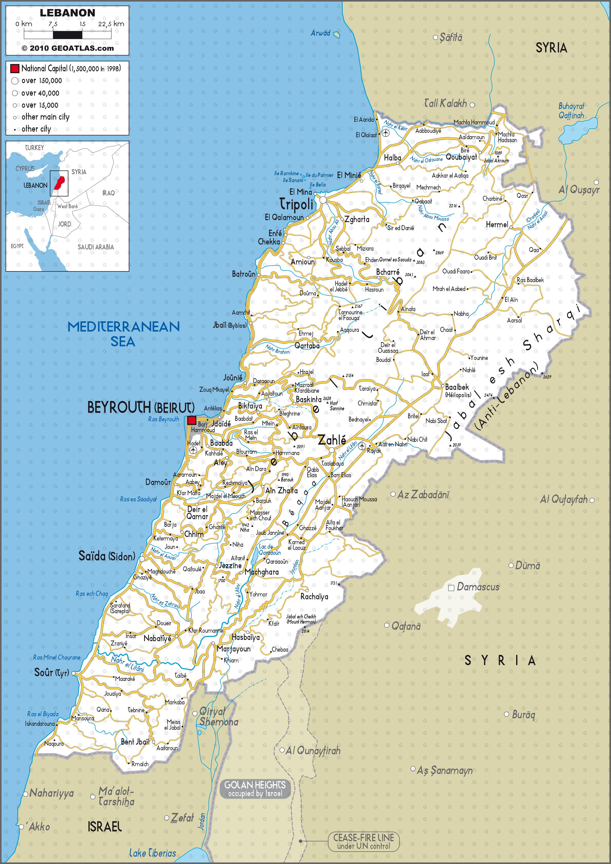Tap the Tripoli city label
[296, 204]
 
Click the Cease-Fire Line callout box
[363, 841]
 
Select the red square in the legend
[15, 68]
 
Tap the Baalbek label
[457, 387]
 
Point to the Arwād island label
[320, 33]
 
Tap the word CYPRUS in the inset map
[25, 169]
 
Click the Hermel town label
[497, 225]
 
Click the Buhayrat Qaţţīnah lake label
[571, 111]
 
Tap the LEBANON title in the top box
[67, 13]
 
